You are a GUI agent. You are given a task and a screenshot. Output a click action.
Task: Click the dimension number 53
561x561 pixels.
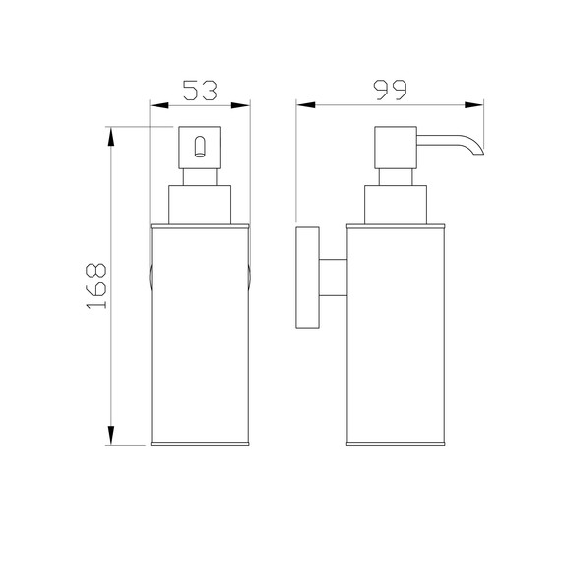[x=200, y=91]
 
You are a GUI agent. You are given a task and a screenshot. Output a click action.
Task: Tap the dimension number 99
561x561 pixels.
[x=390, y=90]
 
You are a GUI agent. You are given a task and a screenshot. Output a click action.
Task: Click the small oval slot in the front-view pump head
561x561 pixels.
[x=201, y=150]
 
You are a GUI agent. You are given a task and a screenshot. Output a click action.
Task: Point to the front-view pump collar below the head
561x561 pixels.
[x=201, y=204]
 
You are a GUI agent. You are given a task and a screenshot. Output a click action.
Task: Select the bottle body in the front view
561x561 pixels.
[x=201, y=335]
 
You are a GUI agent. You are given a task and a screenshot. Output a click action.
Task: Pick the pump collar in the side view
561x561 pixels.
[x=395, y=204]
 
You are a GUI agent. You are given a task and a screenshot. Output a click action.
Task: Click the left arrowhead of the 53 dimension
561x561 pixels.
[x=156, y=103]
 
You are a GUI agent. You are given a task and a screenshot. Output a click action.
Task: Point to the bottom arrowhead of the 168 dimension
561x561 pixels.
[x=112, y=440]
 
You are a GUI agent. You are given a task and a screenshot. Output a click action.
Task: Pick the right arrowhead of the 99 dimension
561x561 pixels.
[x=480, y=103]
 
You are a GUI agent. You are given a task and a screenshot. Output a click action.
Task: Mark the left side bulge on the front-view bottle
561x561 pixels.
[x=150, y=278]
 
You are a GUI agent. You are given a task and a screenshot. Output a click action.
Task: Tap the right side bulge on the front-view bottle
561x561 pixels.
[x=252, y=278]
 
